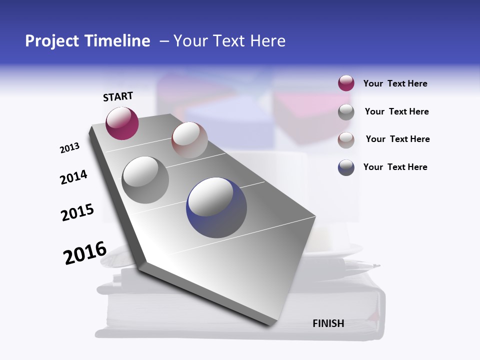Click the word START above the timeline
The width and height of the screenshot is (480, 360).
pyautogui.click(x=118, y=96)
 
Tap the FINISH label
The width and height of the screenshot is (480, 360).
pyautogui.click(x=328, y=323)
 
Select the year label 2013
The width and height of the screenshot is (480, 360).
pyautogui.click(x=69, y=148)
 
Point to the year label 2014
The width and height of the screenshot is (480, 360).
pyautogui.click(x=73, y=177)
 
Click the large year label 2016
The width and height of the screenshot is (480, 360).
pyautogui.click(x=85, y=253)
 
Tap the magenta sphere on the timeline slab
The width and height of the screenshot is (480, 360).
pyautogui.click(x=122, y=123)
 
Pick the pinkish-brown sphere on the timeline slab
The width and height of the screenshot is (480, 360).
pyautogui.click(x=189, y=140)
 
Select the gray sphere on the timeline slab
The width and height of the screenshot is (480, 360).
pyautogui.click(x=145, y=180)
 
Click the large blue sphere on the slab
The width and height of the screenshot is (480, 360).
pyautogui.click(x=216, y=207)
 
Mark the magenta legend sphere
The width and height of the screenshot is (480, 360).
pyautogui.click(x=346, y=83)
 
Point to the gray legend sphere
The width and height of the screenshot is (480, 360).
pyautogui.click(x=346, y=112)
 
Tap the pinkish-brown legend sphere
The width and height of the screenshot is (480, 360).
pyautogui.click(x=346, y=140)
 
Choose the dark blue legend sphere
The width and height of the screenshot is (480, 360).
pyautogui.click(x=346, y=167)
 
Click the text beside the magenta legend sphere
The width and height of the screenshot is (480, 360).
pyautogui.click(x=395, y=84)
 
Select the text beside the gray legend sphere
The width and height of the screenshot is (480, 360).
pyautogui.click(x=396, y=112)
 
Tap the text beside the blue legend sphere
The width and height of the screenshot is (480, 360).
pyautogui.click(x=395, y=167)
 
